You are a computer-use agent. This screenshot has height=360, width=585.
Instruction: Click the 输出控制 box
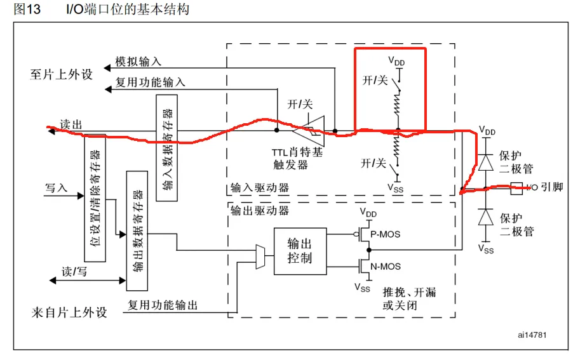(300, 251)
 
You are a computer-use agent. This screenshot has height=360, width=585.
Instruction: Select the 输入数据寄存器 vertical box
(166, 148)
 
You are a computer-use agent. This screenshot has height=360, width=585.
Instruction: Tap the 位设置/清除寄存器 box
(95, 201)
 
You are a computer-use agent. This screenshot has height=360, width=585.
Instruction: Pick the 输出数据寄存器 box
(138, 222)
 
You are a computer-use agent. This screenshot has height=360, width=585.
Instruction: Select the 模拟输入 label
(138, 62)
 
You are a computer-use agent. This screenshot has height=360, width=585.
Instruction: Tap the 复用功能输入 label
(150, 83)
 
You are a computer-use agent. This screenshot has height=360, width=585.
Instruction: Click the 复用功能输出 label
(163, 305)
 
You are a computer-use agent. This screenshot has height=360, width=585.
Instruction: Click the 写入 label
(55, 188)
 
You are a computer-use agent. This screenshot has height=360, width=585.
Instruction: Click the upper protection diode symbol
(487, 161)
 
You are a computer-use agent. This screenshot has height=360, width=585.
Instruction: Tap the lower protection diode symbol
(487, 218)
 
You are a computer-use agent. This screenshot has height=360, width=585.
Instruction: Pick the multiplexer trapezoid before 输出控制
(260, 256)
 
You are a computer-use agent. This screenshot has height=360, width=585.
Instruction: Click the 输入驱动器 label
(259, 188)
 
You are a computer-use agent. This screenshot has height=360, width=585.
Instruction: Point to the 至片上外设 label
(61, 74)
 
